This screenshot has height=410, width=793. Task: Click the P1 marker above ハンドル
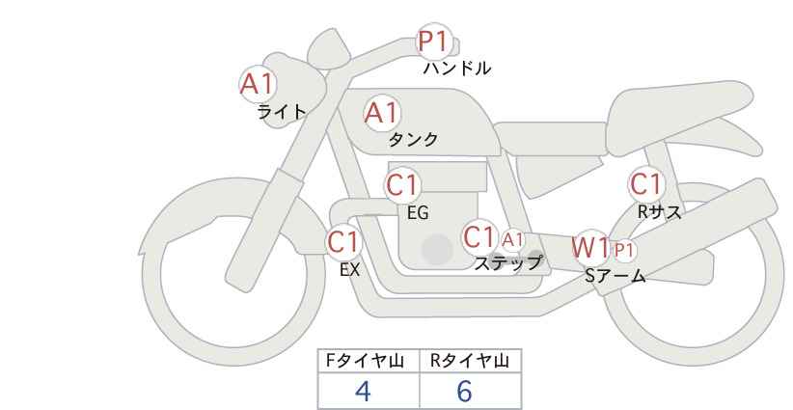point(434,41)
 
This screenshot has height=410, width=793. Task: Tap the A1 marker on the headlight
point(258,84)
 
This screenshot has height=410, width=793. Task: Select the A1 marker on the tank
point(382,113)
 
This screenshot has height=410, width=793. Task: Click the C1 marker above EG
point(402,185)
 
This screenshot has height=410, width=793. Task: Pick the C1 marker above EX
point(343,242)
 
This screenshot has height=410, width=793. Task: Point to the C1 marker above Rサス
point(645,184)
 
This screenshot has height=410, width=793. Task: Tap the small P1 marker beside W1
point(623,250)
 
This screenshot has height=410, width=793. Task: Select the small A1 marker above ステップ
point(512,239)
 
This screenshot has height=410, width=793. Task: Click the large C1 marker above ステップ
point(479,236)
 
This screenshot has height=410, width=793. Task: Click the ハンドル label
point(456,68)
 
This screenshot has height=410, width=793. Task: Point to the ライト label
point(282,112)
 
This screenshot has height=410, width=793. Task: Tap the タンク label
point(413,140)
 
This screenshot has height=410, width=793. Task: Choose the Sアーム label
point(615,276)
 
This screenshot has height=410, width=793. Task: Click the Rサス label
point(659,212)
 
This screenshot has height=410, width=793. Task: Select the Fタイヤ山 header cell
point(369,361)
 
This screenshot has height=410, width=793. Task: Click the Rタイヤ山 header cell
point(471,361)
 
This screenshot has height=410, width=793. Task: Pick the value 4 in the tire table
point(363,391)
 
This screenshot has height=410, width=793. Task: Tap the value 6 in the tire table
point(464,391)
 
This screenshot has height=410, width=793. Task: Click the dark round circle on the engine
point(437,249)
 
